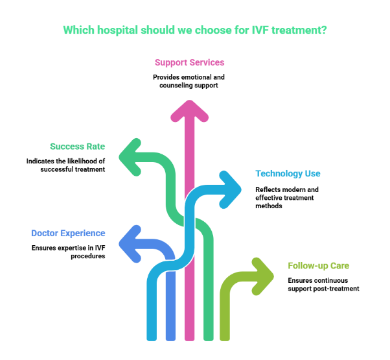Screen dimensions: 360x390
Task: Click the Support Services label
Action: (x=190, y=63)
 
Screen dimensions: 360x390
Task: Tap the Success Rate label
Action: (x=78, y=147)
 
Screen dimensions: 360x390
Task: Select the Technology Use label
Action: (x=288, y=174)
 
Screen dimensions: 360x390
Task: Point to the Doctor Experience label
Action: (x=68, y=234)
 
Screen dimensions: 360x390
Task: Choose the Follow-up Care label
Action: (x=319, y=266)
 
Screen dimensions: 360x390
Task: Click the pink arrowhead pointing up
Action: (x=189, y=110)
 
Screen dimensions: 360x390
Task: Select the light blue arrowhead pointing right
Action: (x=232, y=189)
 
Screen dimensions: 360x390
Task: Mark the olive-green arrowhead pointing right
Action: (x=264, y=276)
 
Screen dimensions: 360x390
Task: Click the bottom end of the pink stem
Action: (x=189, y=337)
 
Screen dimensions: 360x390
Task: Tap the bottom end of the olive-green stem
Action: (x=225, y=337)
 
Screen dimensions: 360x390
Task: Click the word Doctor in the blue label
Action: (x=45, y=234)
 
